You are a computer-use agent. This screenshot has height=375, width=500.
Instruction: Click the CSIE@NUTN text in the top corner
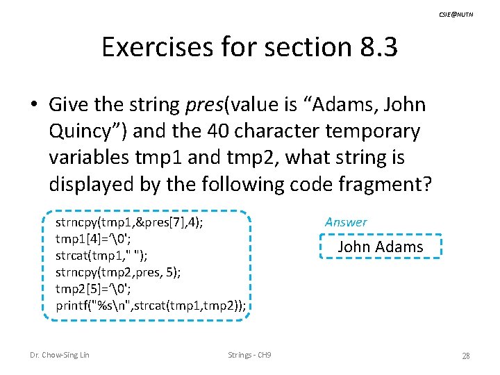click(x=456, y=14)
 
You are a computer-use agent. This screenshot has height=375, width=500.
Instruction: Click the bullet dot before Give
click(x=34, y=106)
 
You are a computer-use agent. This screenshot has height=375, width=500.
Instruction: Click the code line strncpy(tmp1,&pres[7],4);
click(x=129, y=223)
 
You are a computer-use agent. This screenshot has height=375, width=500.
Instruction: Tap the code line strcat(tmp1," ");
click(x=101, y=256)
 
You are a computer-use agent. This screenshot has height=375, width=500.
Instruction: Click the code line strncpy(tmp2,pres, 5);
click(x=118, y=272)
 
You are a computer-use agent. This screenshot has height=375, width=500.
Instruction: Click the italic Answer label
click(x=346, y=222)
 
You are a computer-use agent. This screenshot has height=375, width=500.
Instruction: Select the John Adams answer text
click(x=380, y=247)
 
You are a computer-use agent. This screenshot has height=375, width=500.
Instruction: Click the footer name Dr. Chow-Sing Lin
click(x=60, y=356)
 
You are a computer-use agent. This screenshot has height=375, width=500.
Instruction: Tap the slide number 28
click(x=466, y=356)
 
